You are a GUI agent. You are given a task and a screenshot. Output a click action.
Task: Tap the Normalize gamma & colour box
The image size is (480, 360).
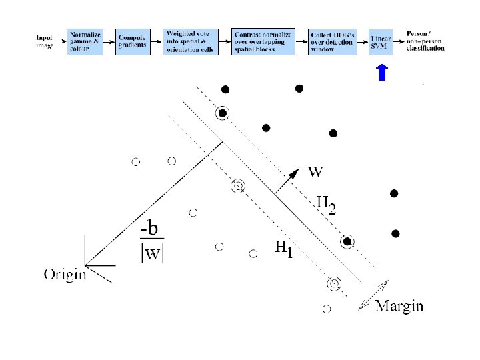[x=85, y=42]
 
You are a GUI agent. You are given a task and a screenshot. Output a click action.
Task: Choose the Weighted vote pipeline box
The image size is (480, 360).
[x=187, y=42]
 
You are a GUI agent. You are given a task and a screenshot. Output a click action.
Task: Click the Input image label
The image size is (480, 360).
[x=45, y=41]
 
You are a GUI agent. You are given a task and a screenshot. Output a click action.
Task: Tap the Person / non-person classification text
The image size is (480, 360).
[x=425, y=41]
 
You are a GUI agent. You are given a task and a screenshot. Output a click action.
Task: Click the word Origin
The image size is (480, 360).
[x=65, y=274]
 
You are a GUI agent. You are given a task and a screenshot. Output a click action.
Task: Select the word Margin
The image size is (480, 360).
[x=399, y=306]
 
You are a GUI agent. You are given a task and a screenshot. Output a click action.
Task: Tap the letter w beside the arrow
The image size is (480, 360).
[x=315, y=171]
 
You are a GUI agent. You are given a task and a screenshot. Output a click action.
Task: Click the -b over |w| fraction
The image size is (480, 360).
[x=152, y=242]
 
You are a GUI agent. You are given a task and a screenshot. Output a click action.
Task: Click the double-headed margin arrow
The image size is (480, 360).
[x=374, y=294]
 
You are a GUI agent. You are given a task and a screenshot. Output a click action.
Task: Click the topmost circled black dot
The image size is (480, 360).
[x=223, y=113]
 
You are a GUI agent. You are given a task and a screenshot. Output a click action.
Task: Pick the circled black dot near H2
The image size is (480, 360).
[x=347, y=241]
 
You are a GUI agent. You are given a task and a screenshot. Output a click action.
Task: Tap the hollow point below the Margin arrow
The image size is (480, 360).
[x=327, y=309]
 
